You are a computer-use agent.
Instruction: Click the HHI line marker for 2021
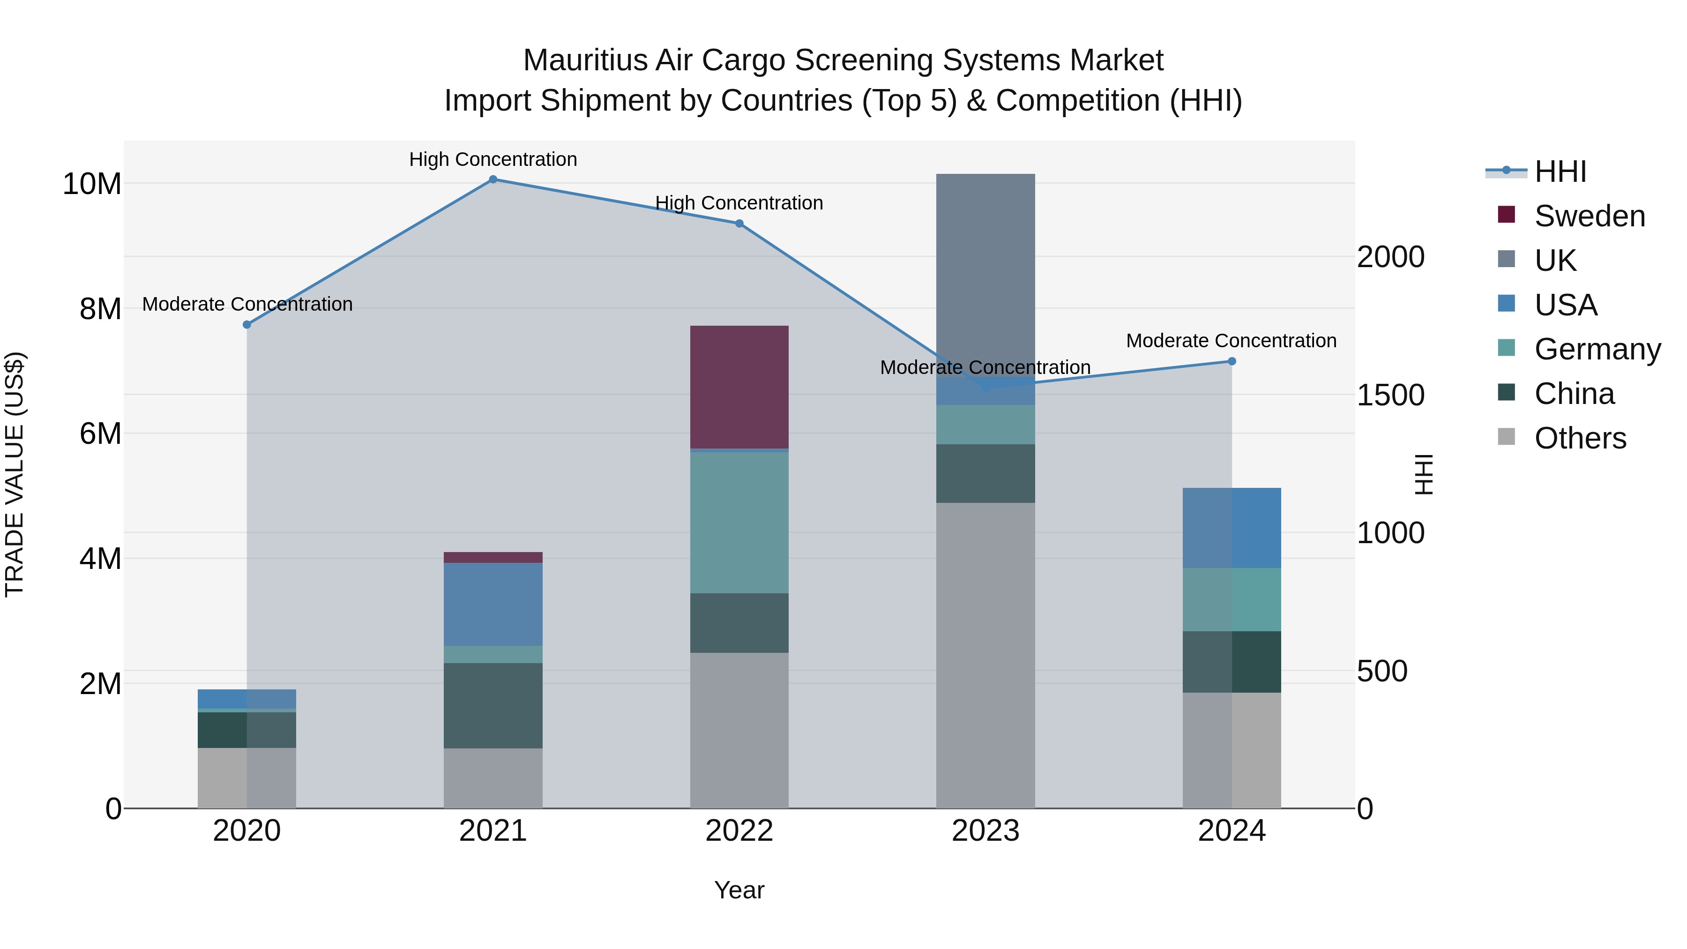click(493, 179)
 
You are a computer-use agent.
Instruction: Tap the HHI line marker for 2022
click(739, 224)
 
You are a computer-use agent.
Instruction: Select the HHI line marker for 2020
click(247, 325)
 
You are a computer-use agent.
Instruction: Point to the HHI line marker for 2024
click(1232, 361)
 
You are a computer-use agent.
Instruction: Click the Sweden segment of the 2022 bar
click(739, 387)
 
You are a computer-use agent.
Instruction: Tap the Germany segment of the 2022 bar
click(739, 523)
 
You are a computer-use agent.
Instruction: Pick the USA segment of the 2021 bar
click(493, 605)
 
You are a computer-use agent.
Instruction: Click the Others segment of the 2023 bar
click(985, 655)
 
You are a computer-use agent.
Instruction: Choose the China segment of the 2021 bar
click(493, 705)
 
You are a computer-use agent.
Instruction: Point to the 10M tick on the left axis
click(92, 184)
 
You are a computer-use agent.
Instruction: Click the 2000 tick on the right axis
click(1390, 257)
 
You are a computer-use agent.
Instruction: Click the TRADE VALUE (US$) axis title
click(15, 474)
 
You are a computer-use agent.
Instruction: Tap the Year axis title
click(739, 890)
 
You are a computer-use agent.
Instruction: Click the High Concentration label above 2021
click(493, 159)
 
